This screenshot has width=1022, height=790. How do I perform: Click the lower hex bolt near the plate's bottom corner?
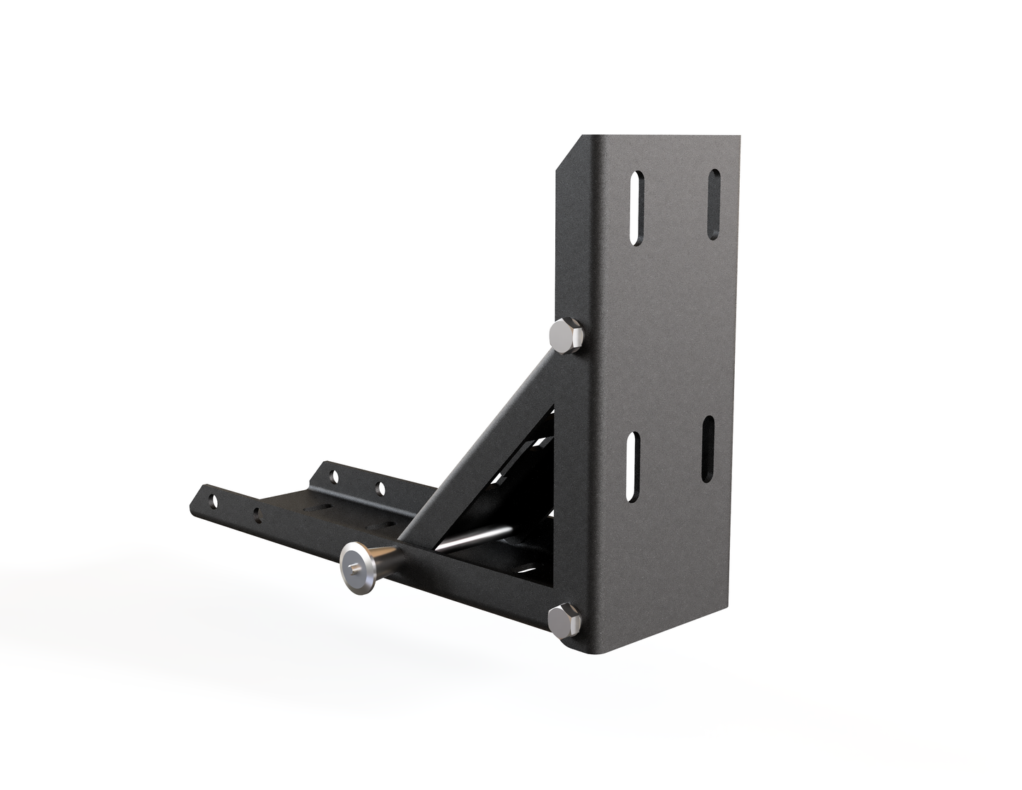tap(564, 618)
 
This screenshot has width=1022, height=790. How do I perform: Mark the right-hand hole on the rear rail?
tap(380, 489)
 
